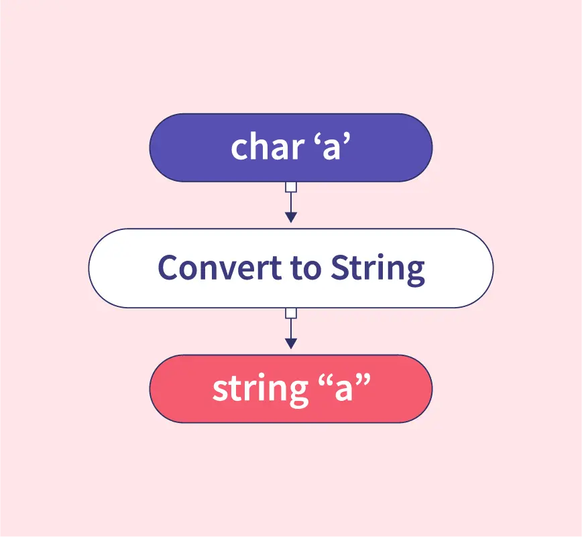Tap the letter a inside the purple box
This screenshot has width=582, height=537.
pos(331,150)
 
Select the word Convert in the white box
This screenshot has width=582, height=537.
pos(220,267)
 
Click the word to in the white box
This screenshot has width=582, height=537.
pos(306,269)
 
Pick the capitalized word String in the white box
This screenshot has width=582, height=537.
pos(377,270)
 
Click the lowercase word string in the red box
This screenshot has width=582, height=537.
pos(261,390)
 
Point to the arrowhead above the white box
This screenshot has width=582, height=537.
pos(291,217)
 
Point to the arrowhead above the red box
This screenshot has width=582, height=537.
pos(291,344)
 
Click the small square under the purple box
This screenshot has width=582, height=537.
pos(291,187)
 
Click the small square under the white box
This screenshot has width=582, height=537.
pos(291,313)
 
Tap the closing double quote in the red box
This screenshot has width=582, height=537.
pos(363,381)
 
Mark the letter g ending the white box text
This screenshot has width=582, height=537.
pos(415,274)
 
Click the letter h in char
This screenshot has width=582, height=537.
pos(261,146)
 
